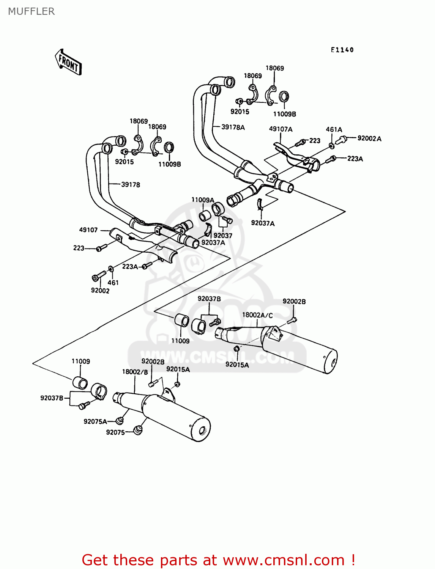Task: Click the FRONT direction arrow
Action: [68, 62]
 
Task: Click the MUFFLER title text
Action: [31, 11]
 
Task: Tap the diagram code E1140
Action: [342, 50]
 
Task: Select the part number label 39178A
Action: [233, 127]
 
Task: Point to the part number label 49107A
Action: [281, 129]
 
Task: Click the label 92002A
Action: [369, 138]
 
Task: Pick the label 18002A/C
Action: [257, 315]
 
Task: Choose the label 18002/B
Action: [135, 372]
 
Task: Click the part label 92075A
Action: [95, 421]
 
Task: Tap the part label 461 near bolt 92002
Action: [113, 283]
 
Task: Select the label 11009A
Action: [202, 200]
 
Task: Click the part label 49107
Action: [88, 230]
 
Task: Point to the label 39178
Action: [131, 185]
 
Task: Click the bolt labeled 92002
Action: [98, 276]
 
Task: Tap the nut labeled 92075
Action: [138, 430]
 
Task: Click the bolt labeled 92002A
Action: [342, 139]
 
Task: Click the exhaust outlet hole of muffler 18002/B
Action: [202, 431]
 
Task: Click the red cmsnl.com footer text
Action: [218, 560]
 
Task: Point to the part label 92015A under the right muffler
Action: [237, 365]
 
